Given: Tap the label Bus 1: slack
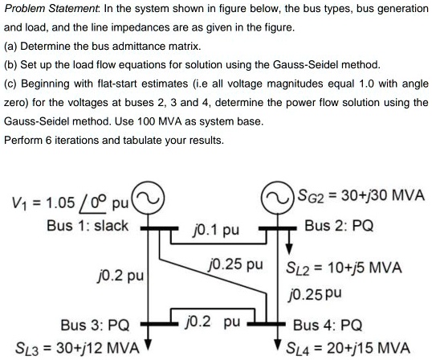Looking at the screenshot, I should tap(88, 224).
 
